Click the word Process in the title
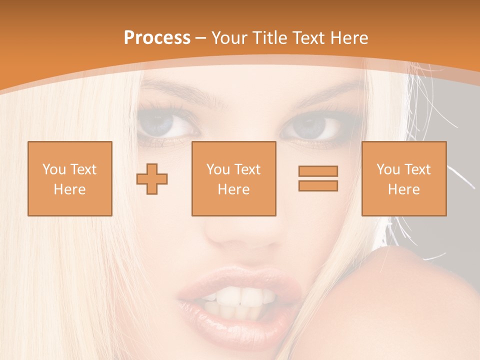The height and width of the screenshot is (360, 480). (x=157, y=38)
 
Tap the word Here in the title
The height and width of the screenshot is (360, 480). (x=348, y=38)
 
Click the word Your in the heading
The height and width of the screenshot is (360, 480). (x=229, y=38)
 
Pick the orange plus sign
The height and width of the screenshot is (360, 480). (x=152, y=179)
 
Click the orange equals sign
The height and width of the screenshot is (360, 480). (x=318, y=178)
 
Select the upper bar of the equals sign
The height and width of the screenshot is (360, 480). (x=318, y=171)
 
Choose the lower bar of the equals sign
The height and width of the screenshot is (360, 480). (x=318, y=185)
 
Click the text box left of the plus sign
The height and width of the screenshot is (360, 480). (x=69, y=178)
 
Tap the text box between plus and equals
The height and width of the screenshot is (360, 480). (x=233, y=178)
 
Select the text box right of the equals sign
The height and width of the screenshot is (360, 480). (x=403, y=178)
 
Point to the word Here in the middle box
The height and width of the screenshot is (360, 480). (x=233, y=189)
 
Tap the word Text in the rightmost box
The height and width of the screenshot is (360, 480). (x=417, y=169)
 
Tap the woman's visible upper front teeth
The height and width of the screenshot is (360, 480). (x=240, y=298)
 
